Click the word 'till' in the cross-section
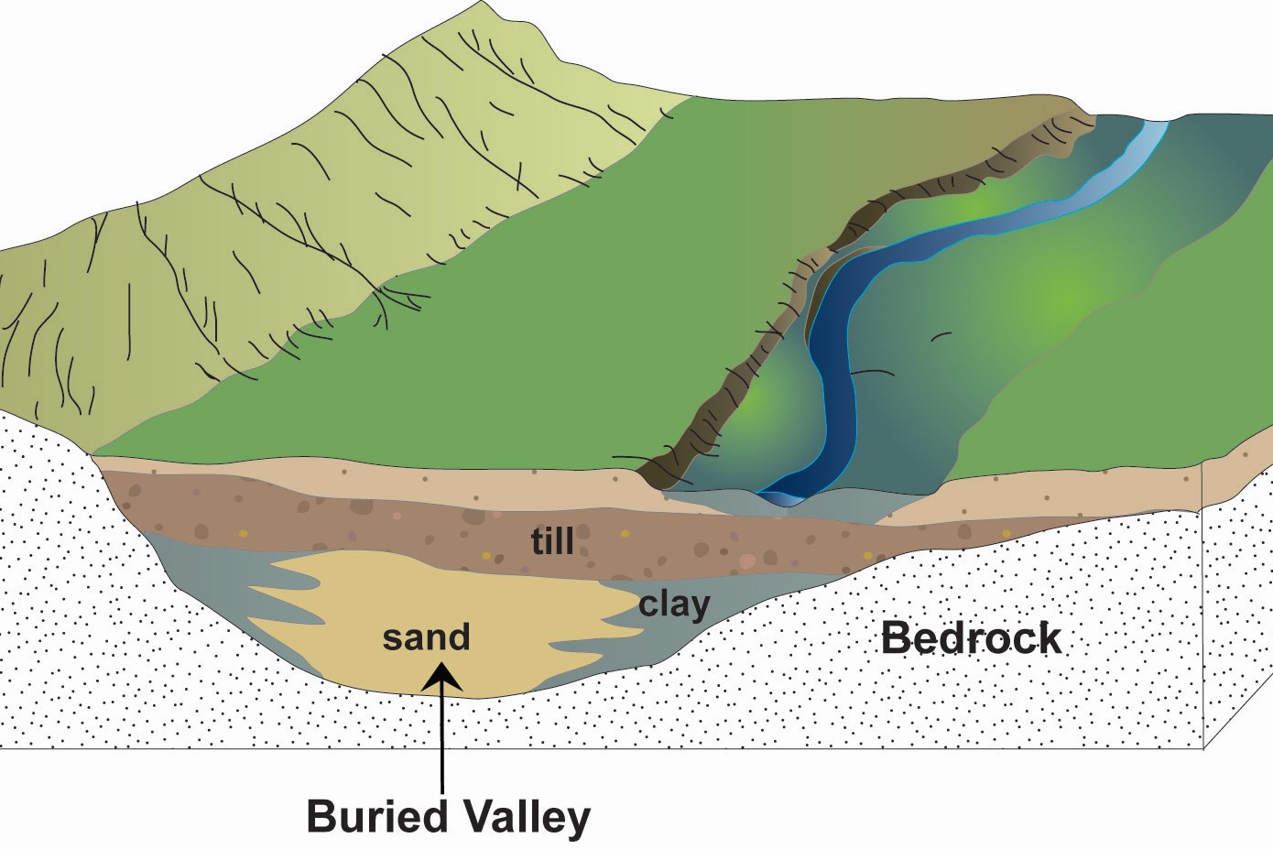click(x=552, y=541)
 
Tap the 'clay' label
click(x=674, y=604)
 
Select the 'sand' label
click(x=426, y=637)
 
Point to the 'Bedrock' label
click(x=971, y=638)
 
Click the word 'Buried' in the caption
click(x=377, y=816)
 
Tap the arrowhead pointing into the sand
click(x=443, y=679)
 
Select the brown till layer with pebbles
click(x=366, y=527)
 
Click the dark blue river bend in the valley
click(x=838, y=385)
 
